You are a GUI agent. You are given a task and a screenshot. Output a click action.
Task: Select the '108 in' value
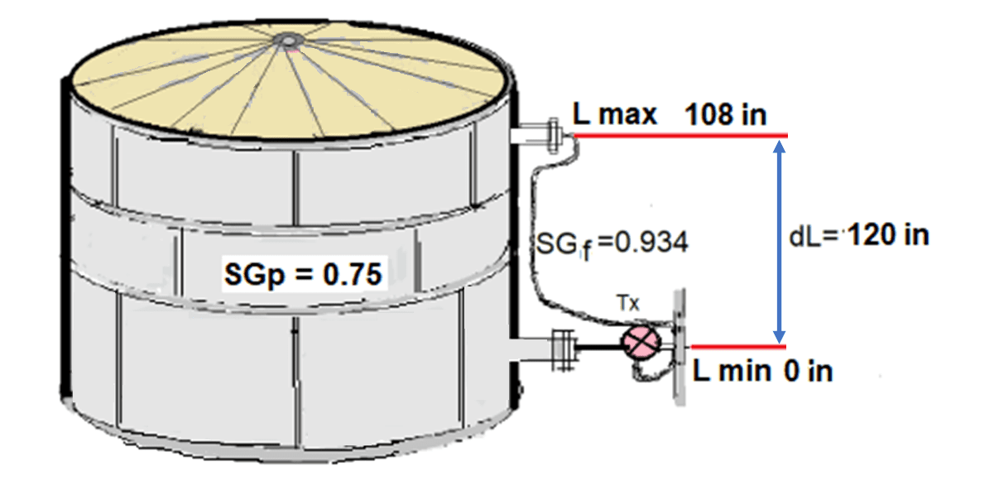coord(726,115)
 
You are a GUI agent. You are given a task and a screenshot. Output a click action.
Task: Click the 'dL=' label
coord(815,237)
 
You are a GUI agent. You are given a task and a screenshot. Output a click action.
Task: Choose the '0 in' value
coord(808,371)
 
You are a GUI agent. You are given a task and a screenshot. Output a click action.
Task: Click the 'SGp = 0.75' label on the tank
coord(304,273)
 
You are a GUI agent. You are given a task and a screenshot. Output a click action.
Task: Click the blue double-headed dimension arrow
coord(778,240)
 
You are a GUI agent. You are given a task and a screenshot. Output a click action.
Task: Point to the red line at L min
coord(737,347)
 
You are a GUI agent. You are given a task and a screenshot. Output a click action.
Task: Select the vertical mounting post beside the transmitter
coord(680,348)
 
